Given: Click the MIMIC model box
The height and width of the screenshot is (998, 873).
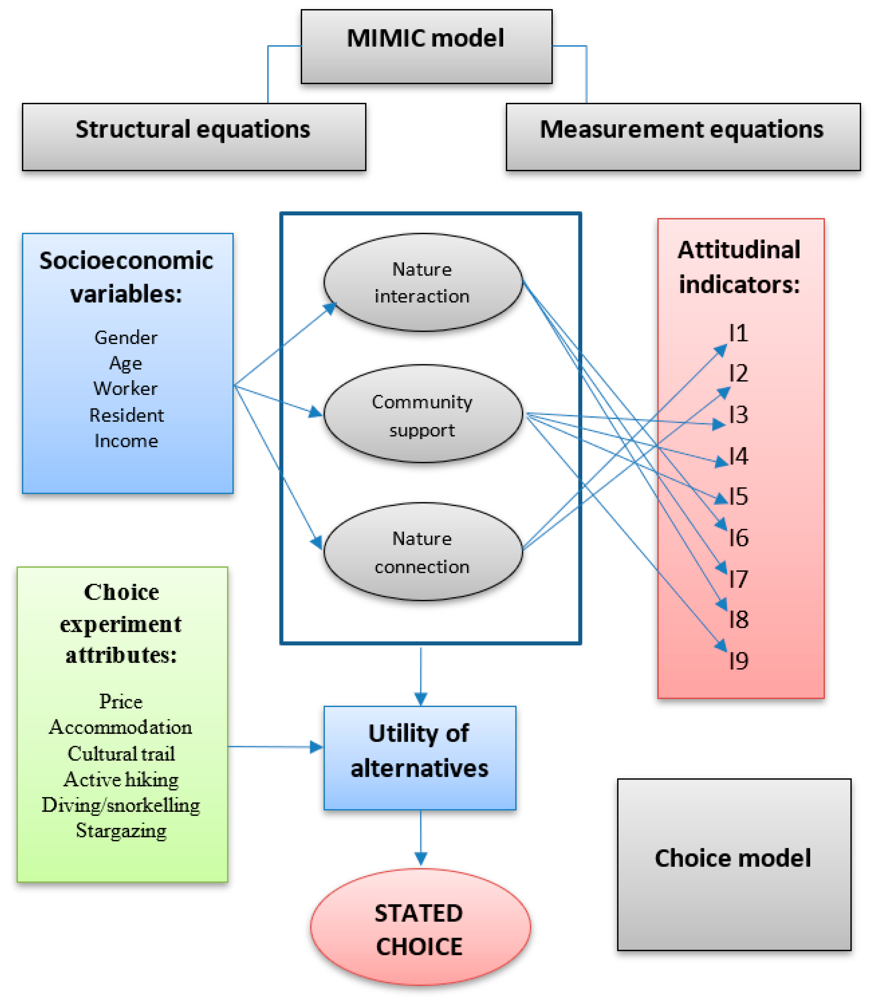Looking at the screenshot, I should click(426, 46).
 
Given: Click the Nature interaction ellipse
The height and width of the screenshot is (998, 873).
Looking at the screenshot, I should click(422, 282).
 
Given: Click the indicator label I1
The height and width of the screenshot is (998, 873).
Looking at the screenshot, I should click(739, 334).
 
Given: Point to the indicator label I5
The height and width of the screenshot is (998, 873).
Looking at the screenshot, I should click(739, 497).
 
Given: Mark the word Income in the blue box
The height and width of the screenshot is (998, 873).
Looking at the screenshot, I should click(126, 441).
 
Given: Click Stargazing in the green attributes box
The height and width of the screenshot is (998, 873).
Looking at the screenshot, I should click(121, 831).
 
